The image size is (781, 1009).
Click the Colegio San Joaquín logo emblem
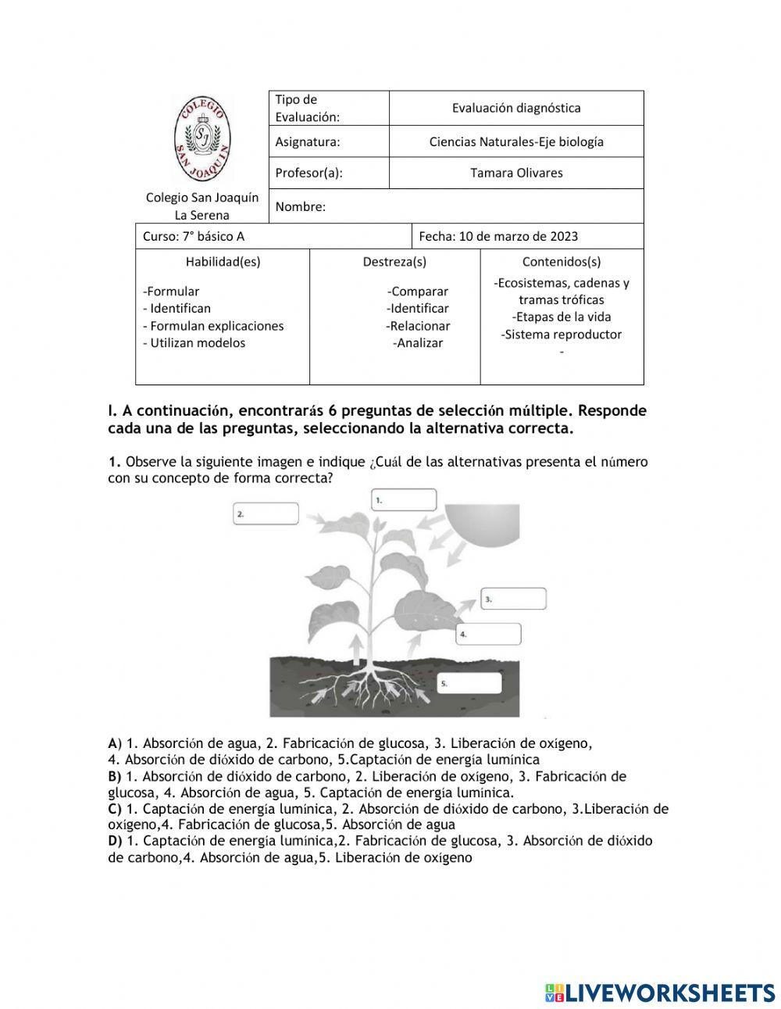[201, 138]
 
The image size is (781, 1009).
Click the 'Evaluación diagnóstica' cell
[516, 108]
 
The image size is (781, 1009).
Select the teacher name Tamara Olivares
[516, 173]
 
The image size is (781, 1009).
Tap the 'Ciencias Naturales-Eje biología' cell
[516, 141]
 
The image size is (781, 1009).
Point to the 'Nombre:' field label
[301, 206]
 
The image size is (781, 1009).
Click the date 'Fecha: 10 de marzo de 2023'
[498, 236]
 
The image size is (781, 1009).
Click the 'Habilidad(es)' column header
[223, 262]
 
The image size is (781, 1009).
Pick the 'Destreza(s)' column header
[394, 262]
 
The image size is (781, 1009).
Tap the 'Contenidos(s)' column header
[562, 262]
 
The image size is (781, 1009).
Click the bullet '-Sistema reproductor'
[562, 335]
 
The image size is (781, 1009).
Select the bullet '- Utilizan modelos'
[194, 343]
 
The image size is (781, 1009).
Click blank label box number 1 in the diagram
[404, 499]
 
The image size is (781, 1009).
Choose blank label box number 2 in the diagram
[266, 513]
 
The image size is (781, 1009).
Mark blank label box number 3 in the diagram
[513, 599]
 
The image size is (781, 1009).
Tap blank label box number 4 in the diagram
[488, 634]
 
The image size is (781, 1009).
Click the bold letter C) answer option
[115, 809]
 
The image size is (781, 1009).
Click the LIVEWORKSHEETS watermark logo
[660, 993]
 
